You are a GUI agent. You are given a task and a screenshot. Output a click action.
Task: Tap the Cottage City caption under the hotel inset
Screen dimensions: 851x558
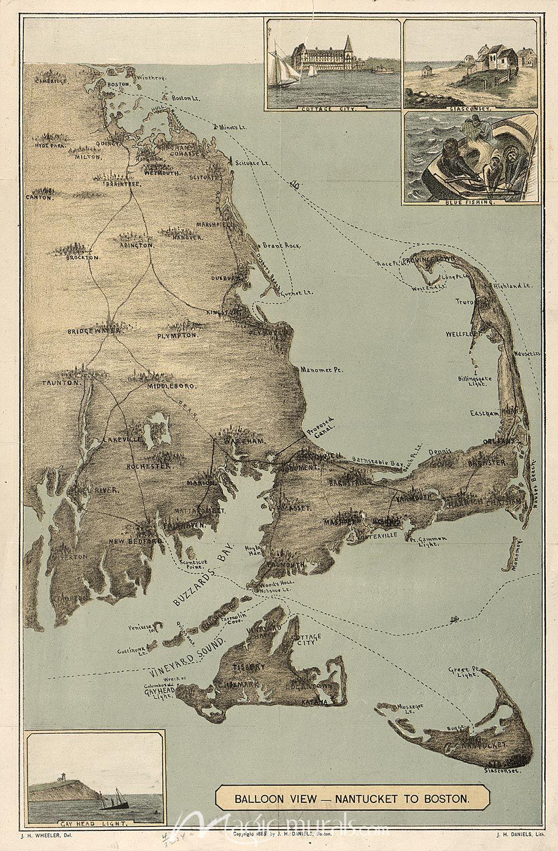click(x=333, y=110)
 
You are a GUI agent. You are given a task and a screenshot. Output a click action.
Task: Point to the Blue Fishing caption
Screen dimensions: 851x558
click(x=472, y=203)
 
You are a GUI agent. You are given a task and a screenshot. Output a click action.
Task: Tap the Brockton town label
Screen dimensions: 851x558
click(x=82, y=258)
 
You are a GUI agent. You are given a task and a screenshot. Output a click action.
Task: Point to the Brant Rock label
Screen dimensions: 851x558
click(x=281, y=246)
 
